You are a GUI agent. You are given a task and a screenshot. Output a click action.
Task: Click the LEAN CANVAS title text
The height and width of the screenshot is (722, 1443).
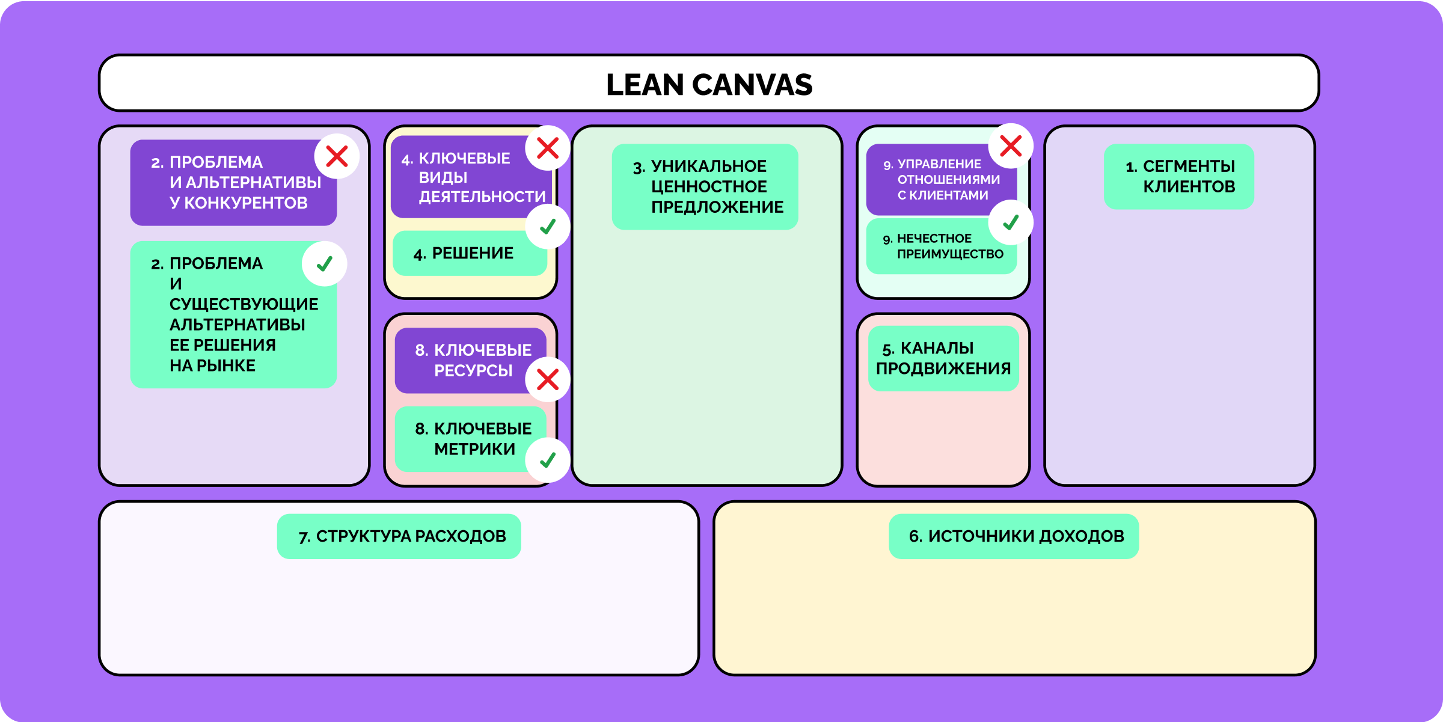[x=709, y=84]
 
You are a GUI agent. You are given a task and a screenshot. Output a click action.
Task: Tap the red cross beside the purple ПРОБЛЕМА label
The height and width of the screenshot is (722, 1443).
[x=337, y=156]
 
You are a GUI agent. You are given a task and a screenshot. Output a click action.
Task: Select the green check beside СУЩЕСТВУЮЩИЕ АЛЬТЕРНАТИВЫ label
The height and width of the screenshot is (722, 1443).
[x=325, y=264]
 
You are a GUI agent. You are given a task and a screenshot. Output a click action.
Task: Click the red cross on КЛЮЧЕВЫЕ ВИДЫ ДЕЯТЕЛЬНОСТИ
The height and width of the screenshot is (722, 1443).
[x=548, y=148]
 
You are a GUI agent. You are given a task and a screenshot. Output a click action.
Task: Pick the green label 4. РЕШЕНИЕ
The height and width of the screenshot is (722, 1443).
[x=470, y=253]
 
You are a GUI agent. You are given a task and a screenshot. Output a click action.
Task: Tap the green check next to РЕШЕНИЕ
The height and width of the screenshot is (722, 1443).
[x=548, y=227]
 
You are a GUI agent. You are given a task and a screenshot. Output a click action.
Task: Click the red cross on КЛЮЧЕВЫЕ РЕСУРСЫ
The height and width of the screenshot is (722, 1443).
[x=548, y=379]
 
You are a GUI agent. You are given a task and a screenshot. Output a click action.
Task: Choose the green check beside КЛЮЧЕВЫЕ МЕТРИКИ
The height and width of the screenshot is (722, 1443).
[x=548, y=460]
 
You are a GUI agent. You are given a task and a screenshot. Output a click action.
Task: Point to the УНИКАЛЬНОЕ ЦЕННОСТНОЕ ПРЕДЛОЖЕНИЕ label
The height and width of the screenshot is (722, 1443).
[x=705, y=186]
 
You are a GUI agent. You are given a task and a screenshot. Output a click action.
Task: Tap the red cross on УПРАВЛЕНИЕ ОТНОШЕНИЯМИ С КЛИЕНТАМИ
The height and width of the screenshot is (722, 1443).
[x=1011, y=146]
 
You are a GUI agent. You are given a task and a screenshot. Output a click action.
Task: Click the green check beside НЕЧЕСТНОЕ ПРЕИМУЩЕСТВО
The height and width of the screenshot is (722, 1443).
[x=1011, y=222]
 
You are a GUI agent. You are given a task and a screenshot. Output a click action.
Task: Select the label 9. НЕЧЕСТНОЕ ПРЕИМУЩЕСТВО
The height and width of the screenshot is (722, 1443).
[x=941, y=246]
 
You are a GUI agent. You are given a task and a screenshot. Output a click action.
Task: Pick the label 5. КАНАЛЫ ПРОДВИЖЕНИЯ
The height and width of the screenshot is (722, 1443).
[x=943, y=358]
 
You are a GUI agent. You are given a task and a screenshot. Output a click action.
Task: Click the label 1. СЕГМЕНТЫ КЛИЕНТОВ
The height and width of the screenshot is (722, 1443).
[x=1178, y=176]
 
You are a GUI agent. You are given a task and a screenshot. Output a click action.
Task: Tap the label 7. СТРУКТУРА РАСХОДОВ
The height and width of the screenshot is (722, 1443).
[x=399, y=536]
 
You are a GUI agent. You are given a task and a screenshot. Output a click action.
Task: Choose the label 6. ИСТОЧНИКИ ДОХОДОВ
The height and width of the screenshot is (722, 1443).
[x=1014, y=536]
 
